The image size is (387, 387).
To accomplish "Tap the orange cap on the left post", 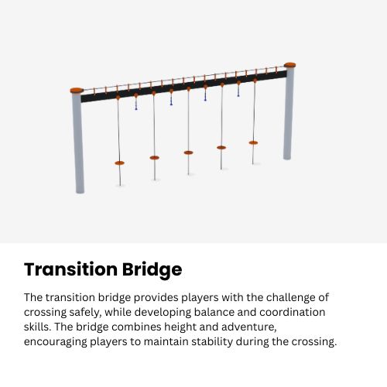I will click(x=77, y=90).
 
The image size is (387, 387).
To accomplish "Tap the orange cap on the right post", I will click(x=290, y=65).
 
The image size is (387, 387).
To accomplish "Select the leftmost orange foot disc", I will click(x=119, y=163).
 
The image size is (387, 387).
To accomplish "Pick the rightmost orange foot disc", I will click(x=253, y=142).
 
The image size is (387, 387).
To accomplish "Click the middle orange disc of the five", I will click(x=188, y=152).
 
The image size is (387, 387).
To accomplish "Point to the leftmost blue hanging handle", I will click(x=136, y=107).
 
